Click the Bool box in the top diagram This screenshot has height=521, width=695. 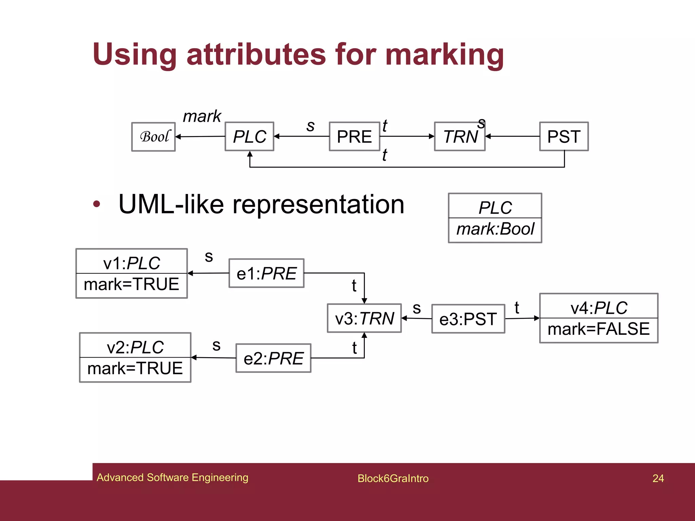(x=153, y=137)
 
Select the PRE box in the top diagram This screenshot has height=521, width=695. (x=354, y=137)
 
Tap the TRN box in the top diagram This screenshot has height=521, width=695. (x=460, y=137)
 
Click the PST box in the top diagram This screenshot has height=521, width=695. (x=564, y=137)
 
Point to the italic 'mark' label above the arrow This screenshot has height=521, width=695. (x=202, y=116)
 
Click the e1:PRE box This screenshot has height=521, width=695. (x=266, y=273)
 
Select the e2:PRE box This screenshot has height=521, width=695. (x=274, y=359)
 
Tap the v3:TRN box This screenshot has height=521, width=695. (x=364, y=319)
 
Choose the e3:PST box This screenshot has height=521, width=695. (x=468, y=319)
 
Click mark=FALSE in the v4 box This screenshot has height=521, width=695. (x=599, y=329)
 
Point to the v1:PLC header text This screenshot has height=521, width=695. (x=132, y=263)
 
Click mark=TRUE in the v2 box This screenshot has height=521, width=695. (x=135, y=369)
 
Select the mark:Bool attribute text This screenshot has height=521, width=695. (x=495, y=229)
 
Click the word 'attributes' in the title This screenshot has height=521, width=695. (x=256, y=55)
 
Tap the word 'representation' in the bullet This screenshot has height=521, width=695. (x=318, y=205)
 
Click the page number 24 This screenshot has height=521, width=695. (x=658, y=478)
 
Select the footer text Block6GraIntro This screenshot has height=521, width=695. (x=393, y=478)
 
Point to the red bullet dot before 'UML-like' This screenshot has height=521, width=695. (x=97, y=204)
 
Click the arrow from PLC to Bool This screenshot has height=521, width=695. (x=200, y=137)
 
